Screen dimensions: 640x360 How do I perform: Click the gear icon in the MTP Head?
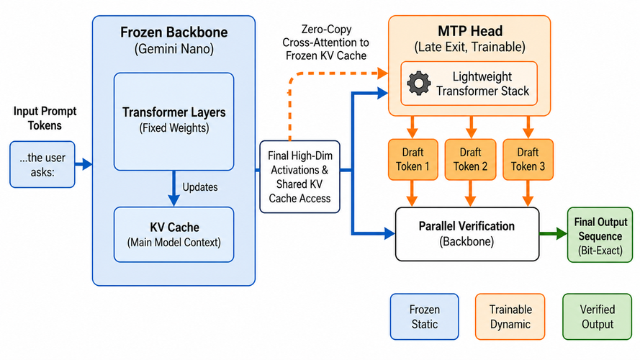(x=419, y=84)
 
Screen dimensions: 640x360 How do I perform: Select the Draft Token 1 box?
(x=413, y=160)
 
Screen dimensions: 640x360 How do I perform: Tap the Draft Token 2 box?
(x=470, y=160)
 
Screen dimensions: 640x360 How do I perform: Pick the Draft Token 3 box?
(x=528, y=160)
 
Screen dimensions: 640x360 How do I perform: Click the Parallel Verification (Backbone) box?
(x=467, y=234)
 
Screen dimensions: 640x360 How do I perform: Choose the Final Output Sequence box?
(x=600, y=235)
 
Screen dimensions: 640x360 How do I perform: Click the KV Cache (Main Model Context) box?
(x=174, y=234)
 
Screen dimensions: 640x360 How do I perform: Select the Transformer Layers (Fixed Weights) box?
(x=174, y=121)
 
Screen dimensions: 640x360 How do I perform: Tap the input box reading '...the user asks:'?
(x=42, y=164)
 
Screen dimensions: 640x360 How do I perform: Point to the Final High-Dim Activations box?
(x=300, y=176)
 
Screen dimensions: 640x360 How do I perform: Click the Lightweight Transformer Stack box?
(x=469, y=84)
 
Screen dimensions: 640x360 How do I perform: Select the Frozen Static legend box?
(x=425, y=317)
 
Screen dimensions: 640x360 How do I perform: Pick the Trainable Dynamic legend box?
(x=510, y=317)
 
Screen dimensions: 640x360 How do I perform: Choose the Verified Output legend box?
(x=598, y=317)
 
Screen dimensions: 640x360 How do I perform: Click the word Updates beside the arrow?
(x=200, y=187)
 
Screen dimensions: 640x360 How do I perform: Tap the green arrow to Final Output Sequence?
(x=553, y=234)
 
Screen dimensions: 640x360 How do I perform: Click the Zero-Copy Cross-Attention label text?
(x=325, y=42)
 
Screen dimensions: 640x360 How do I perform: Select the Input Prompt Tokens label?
(x=45, y=118)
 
